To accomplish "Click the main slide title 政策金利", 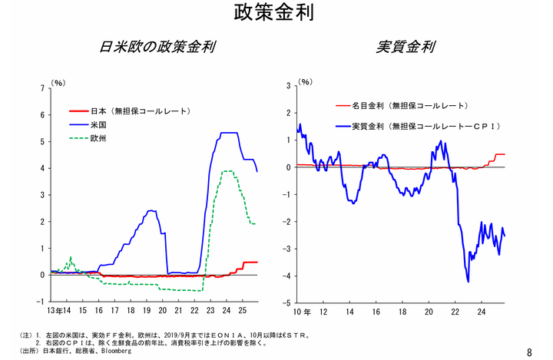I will click(x=276, y=15).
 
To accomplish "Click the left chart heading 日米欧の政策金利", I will click(x=157, y=47).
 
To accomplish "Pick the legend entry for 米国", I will click(x=98, y=124).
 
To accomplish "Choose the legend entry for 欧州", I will click(x=98, y=138).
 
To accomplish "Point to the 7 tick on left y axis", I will click(x=41, y=88).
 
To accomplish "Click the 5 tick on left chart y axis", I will click(x=41, y=141).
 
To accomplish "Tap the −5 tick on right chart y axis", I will click(x=289, y=302).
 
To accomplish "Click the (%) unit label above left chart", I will click(x=58, y=81).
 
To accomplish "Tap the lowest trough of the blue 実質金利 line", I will click(x=468, y=282).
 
